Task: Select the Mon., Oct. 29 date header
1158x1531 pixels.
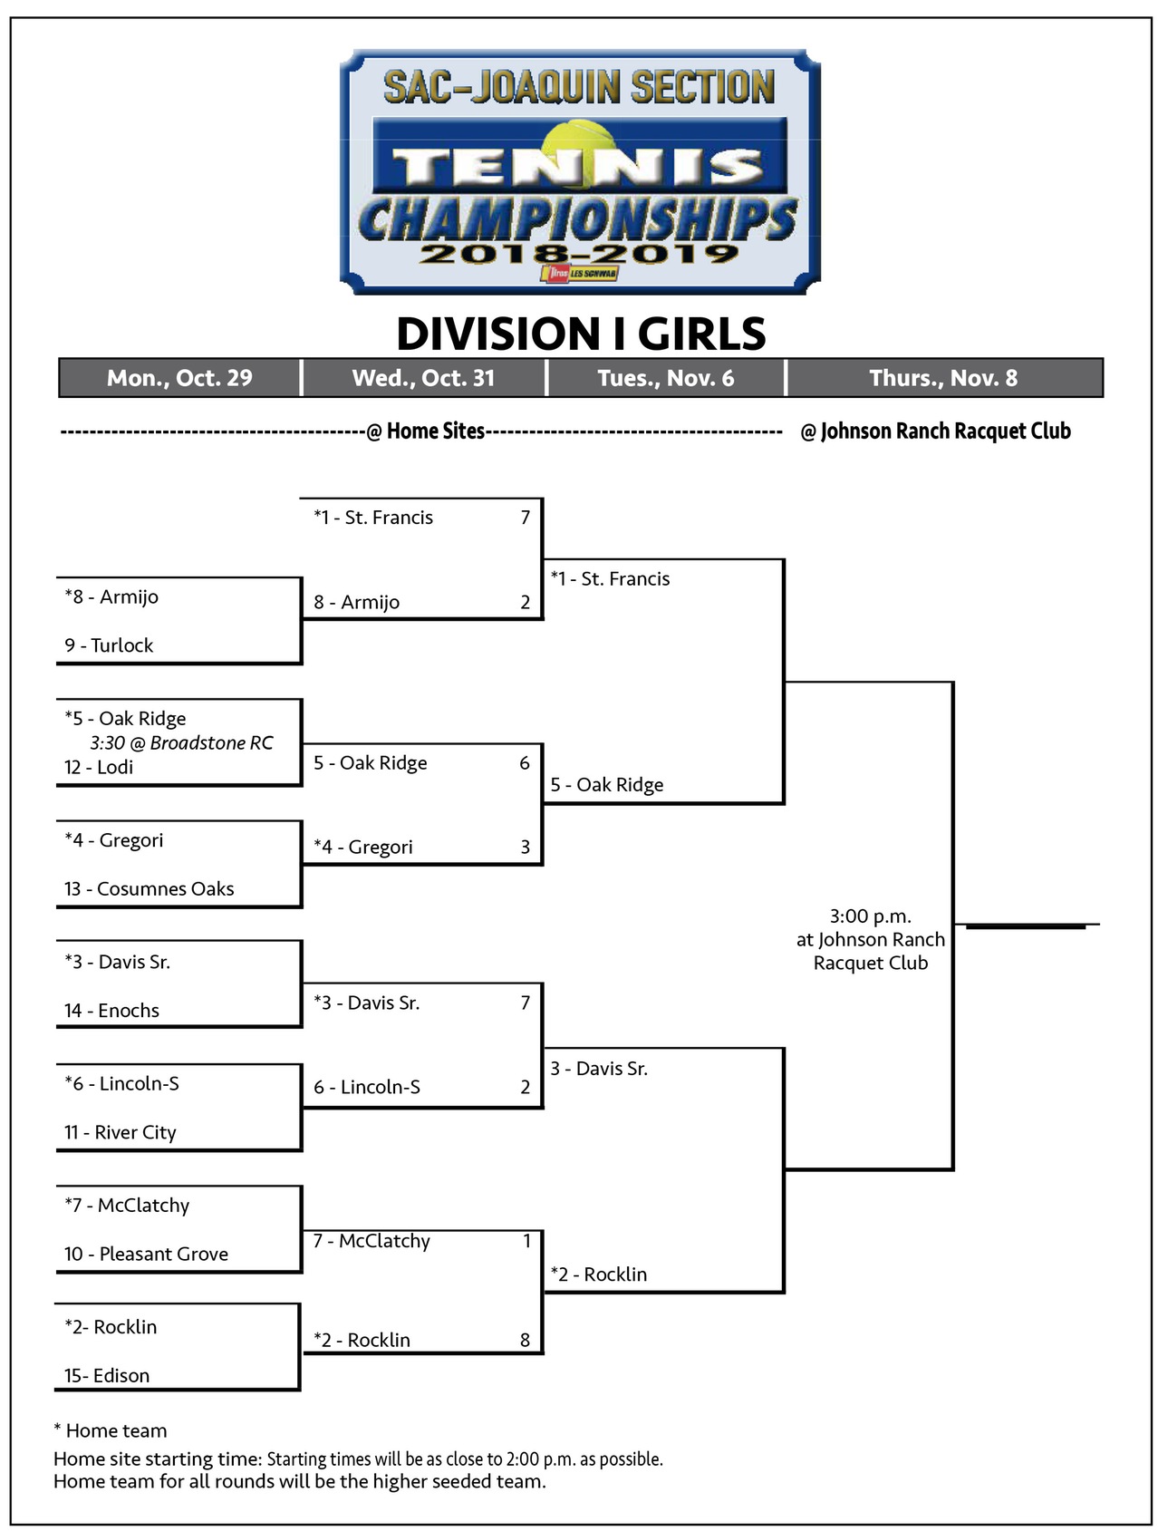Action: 179,378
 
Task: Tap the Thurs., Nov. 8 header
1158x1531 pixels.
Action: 943,378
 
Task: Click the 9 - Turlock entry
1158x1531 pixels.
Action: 109,645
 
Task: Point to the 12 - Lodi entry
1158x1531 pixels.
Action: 99,767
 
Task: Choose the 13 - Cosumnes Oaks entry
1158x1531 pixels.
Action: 149,888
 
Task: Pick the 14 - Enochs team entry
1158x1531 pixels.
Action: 111,1010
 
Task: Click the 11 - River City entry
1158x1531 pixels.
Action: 121,1132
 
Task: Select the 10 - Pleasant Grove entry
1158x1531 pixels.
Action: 146,1254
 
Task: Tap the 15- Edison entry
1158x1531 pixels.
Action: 107,1375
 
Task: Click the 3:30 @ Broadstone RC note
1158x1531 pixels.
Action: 181,743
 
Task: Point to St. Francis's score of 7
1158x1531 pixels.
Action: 525,518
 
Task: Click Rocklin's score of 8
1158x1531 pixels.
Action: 525,1340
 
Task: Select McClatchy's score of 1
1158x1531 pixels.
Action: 526,1241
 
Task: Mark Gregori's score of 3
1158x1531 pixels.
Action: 525,847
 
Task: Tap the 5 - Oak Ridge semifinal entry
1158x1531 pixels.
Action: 607,785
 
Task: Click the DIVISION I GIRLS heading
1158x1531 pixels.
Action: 581,334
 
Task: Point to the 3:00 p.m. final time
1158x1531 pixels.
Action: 871,916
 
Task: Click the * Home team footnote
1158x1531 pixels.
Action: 111,1430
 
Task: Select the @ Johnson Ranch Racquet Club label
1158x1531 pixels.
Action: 936,431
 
